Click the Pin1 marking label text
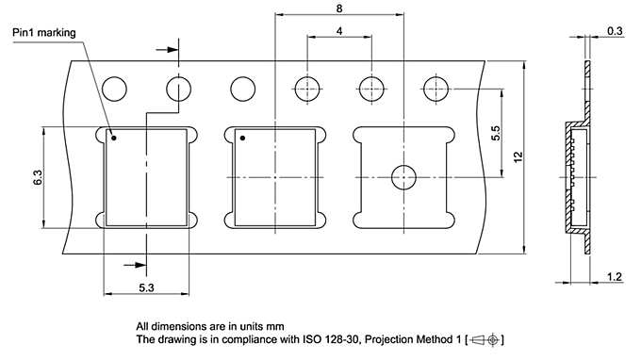44,32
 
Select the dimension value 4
337,31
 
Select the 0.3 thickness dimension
615,31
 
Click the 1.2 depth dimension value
615,276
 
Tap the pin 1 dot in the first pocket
112,138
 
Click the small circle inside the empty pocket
403,176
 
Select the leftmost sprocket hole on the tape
114,90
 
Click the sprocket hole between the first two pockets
242,90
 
